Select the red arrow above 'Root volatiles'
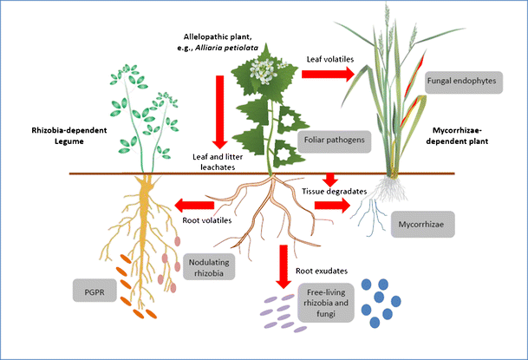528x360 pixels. [197, 206]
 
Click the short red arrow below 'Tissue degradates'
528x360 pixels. [329, 179]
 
